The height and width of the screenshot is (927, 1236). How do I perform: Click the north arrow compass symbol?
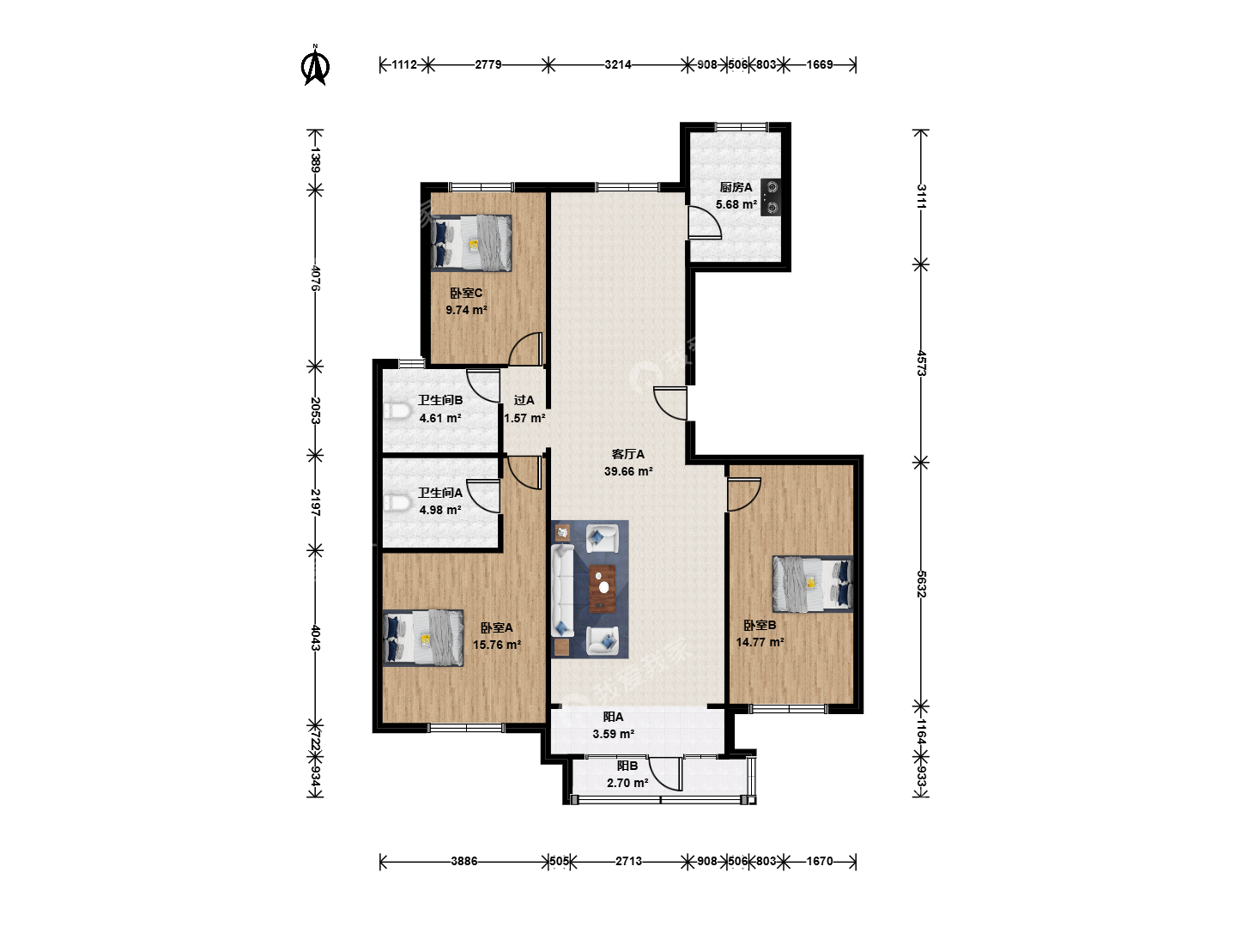(315, 65)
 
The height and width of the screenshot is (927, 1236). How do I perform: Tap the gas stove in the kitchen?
(771, 197)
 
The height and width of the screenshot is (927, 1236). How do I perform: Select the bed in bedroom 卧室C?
(472, 243)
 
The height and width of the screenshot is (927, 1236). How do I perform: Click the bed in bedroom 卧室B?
(813, 585)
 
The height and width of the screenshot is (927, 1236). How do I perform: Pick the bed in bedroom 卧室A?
(423, 639)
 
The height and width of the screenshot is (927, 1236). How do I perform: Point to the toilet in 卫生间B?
(396, 410)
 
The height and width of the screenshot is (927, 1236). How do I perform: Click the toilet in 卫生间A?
(396, 503)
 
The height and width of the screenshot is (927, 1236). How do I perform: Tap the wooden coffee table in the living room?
(602, 588)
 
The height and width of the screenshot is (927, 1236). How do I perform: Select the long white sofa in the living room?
(562, 590)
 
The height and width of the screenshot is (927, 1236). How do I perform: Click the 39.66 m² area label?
(628, 472)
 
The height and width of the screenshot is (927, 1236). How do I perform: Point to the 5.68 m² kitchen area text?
(736, 205)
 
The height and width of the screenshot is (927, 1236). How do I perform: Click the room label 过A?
(524, 400)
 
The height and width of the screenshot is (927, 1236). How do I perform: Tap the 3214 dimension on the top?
(618, 64)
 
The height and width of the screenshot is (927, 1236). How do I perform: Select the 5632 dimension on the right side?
(921, 584)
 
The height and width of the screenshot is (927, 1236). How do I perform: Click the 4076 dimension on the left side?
(315, 278)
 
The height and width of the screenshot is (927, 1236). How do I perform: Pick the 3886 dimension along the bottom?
(464, 861)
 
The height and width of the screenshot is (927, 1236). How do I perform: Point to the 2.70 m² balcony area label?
(627, 783)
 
